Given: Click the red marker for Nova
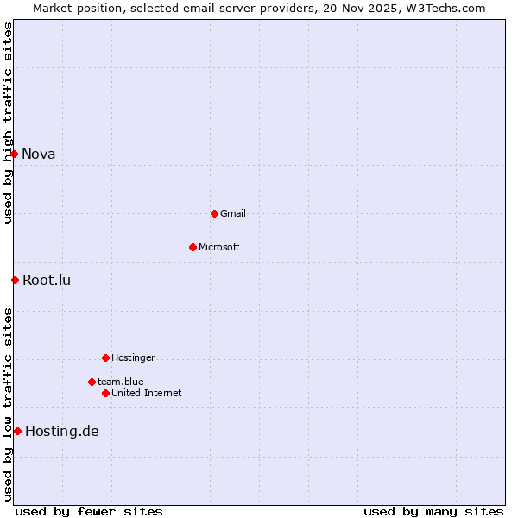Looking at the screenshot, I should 15,154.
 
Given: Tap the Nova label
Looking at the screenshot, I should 39,155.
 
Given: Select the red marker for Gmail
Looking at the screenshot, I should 214,213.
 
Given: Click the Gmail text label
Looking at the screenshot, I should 233,213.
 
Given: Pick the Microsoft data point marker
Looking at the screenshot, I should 193,247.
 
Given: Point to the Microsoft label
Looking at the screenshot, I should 219,247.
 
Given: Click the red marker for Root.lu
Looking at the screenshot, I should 15,280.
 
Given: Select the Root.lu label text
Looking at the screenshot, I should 47,280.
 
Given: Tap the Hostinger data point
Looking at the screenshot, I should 105,357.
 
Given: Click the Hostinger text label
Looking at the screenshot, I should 133,357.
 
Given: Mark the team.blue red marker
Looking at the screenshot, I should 92,382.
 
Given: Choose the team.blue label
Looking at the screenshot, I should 121,382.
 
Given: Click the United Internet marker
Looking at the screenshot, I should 105,393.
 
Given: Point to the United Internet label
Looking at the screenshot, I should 147,393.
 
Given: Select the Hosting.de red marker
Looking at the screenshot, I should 17,431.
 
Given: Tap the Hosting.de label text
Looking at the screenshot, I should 62,432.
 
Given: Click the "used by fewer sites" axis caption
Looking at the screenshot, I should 89,511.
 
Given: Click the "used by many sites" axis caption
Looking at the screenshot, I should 433,511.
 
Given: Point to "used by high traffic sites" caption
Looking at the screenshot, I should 8,123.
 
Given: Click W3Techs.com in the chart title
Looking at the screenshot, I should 445,8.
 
